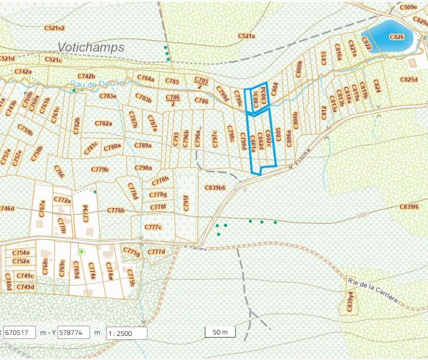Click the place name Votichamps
tap(91, 47)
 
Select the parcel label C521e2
tap(54, 28)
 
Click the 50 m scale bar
tap(220, 332)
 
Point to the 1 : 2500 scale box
tap(127, 333)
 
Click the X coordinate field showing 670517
tap(19, 333)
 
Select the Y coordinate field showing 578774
tap(73, 333)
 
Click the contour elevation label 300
tap(362, 214)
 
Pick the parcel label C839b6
tap(215, 188)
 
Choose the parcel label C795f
tap(186, 203)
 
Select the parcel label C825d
tap(409, 79)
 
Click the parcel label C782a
tap(103, 123)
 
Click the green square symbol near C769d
tap(81, 252)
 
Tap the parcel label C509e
tap(408, 7)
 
